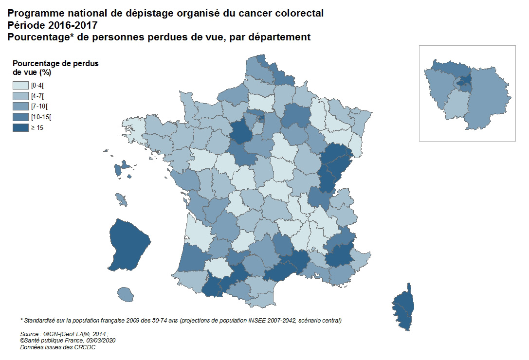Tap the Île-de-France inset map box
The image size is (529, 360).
[467, 93]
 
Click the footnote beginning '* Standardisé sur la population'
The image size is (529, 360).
[180, 321]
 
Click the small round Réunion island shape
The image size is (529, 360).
[126, 294]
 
